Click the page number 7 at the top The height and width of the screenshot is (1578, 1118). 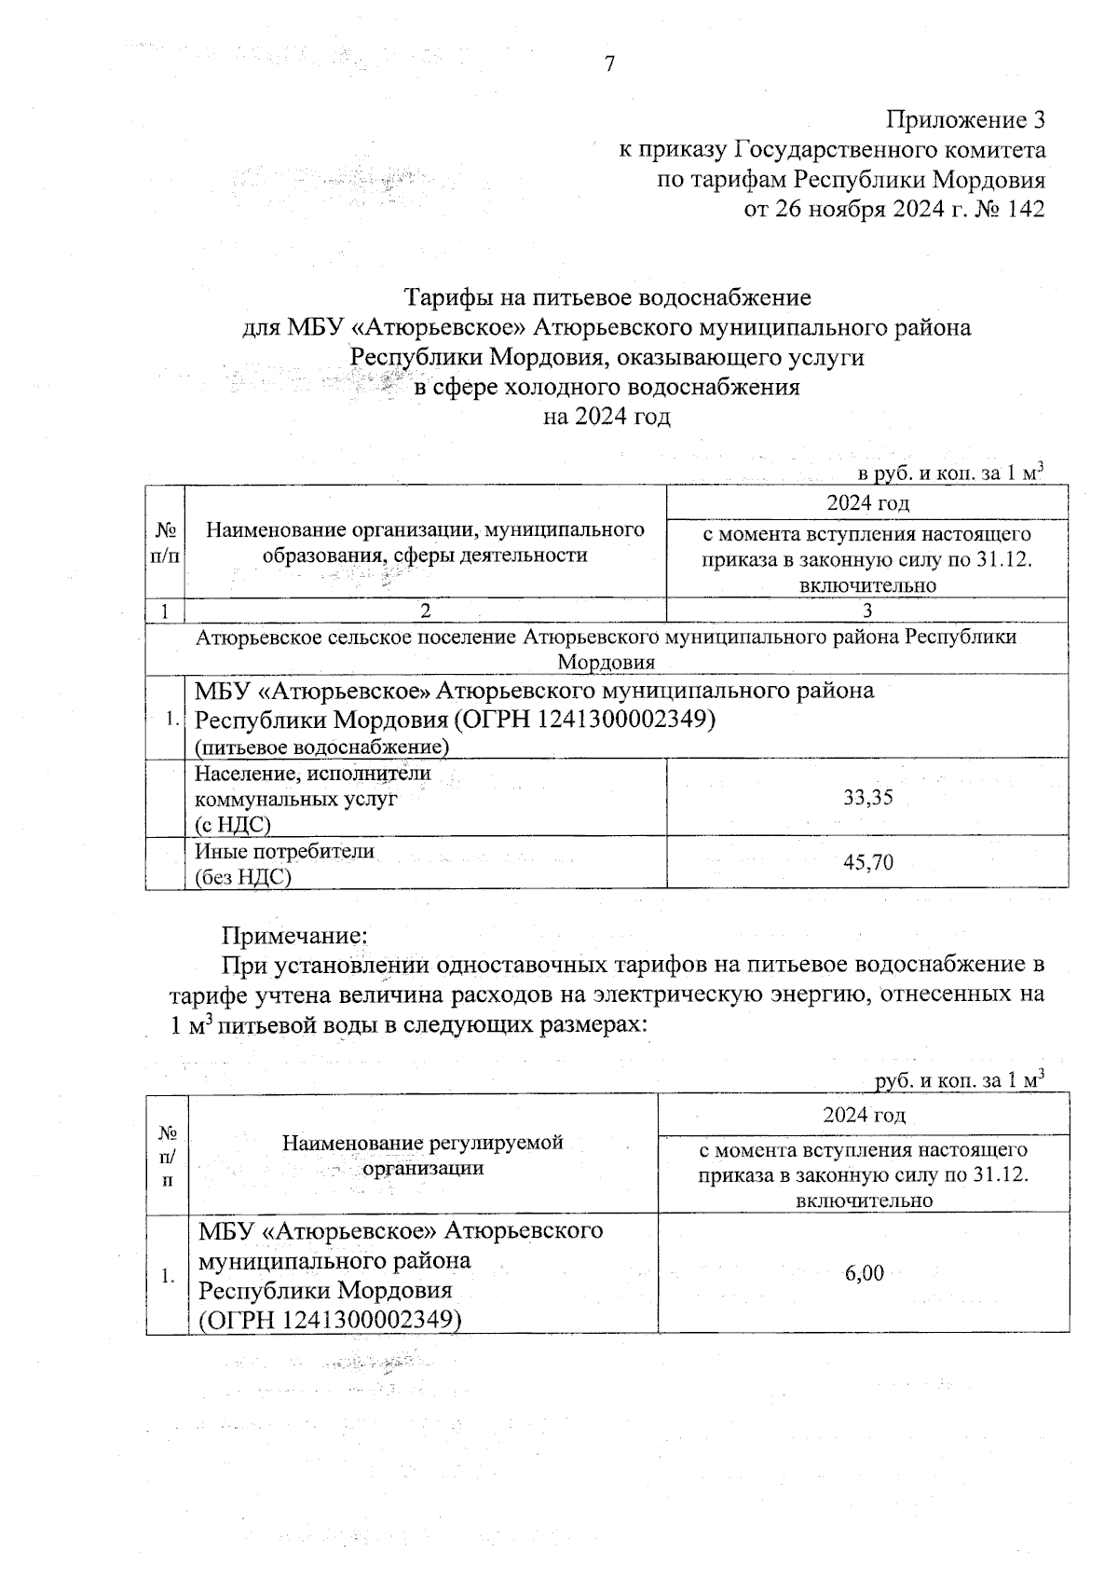[x=610, y=64]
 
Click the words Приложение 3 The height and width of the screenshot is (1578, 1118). [x=965, y=120]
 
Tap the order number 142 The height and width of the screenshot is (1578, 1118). [x=1026, y=209]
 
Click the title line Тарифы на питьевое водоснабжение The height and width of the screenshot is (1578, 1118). [x=607, y=297]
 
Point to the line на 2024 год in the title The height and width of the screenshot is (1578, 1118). [x=607, y=417]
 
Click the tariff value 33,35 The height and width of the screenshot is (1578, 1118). [x=867, y=798]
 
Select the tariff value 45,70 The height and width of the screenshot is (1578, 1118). [x=867, y=863]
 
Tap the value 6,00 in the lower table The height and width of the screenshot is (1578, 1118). [x=864, y=1273]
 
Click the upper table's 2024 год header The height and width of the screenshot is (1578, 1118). [x=867, y=503]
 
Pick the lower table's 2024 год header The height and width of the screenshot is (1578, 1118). [x=864, y=1115]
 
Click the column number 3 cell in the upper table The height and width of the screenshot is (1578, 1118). [x=867, y=611]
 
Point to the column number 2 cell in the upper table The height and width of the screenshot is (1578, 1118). [x=426, y=611]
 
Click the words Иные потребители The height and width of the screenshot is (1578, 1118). [x=284, y=851]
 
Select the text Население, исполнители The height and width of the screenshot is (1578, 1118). [x=312, y=773]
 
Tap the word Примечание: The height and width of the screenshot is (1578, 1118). [x=294, y=935]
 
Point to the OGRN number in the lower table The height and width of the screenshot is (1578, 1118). [x=331, y=1320]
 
